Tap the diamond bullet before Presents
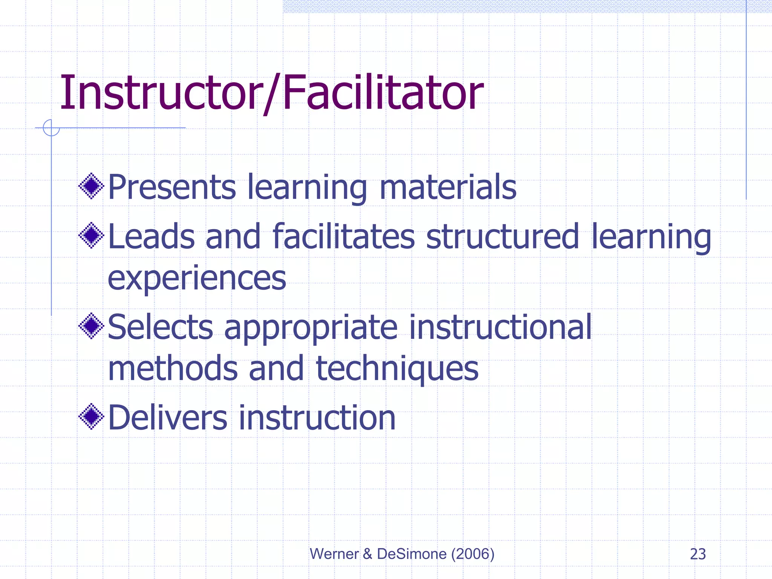point(91,186)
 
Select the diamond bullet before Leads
point(91,236)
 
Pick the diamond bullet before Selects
point(91,326)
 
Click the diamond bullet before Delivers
point(91,417)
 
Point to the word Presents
point(172,187)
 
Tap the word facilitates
point(343,236)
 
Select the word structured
point(502,236)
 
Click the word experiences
point(197,279)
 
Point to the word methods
point(173,368)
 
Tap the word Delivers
point(168,418)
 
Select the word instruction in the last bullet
point(317,418)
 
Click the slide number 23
point(698,554)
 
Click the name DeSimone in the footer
point(412,554)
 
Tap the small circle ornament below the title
point(51,128)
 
